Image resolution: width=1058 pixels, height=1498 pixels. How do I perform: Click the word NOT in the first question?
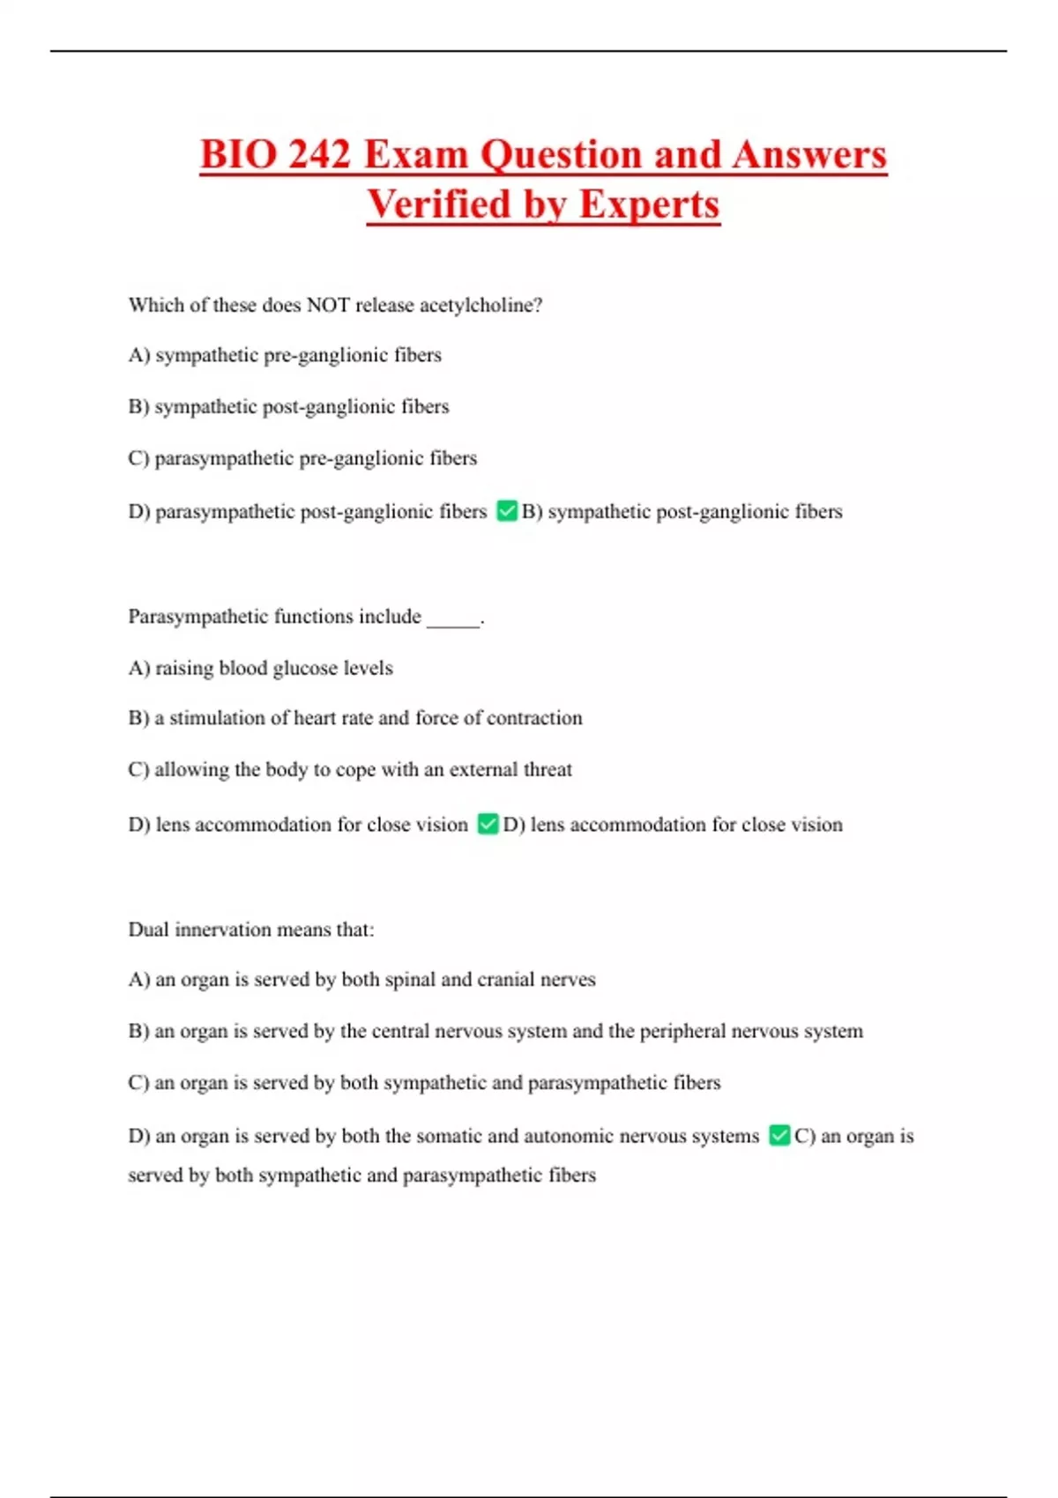pyautogui.click(x=327, y=305)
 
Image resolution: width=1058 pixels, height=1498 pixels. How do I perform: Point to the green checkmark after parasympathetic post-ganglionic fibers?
pyautogui.click(x=507, y=511)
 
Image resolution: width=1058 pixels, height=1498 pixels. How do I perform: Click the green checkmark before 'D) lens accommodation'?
pyautogui.click(x=488, y=824)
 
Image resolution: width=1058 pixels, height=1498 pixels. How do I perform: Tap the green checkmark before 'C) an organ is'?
pyautogui.click(x=779, y=1135)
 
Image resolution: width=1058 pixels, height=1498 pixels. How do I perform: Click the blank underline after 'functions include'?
pyautogui.click(x=453, y=619)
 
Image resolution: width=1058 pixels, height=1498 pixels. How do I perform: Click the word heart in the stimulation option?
pyautogui.click(x=314, y=718)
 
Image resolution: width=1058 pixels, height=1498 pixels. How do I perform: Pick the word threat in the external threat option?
pyautogui.click(x=548, y=769)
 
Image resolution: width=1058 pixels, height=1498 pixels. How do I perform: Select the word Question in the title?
pyautogui.click(x=561, y=154)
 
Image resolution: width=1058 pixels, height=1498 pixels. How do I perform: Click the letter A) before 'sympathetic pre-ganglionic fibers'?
pyautogui.click(x=139, y=355)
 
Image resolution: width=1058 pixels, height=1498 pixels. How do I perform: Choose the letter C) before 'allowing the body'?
pyautogui.click(x=138, y=769)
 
